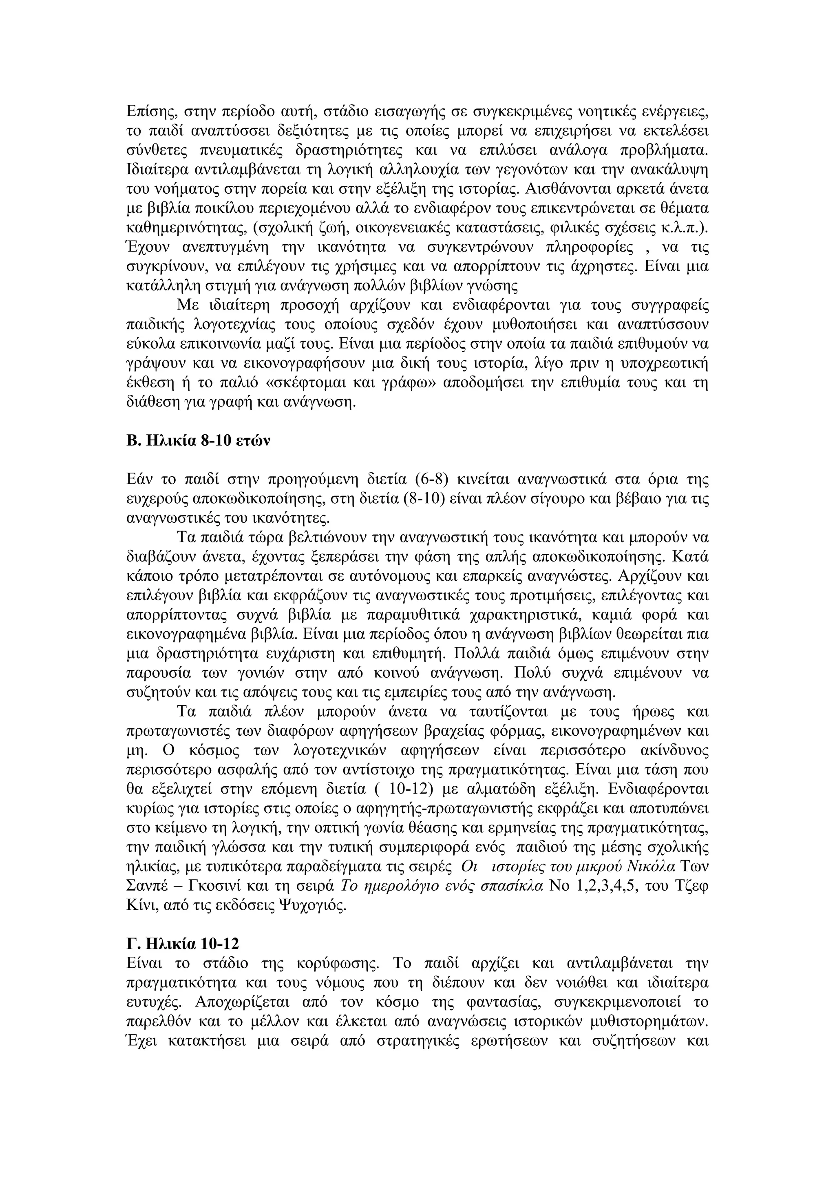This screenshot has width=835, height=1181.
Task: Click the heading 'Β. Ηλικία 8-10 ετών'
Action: (x=198, y=441)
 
